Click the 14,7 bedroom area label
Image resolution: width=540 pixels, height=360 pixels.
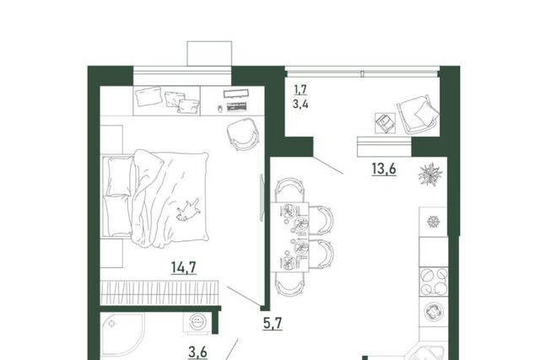184,267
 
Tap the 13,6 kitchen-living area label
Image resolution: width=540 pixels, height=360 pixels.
384,169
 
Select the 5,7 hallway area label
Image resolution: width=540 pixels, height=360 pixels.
273,324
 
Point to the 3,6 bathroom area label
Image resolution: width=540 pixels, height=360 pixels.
197,352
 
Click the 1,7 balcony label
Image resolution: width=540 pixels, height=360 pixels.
300,90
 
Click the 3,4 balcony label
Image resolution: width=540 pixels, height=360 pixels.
300,104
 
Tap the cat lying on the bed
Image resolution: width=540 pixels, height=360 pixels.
188,210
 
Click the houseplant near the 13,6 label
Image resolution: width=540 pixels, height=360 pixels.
430,175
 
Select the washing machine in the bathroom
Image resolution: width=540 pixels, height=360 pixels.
197,323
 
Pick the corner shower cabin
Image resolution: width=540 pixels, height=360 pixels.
122,335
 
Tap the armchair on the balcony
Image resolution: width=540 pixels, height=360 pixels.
418,115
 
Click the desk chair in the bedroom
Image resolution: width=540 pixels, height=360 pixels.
243,134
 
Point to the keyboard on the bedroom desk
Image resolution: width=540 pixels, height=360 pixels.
236,107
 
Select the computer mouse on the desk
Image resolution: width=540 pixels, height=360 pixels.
220,109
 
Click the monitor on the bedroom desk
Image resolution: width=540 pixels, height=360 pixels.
236,94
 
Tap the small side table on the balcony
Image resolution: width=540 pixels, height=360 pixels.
385,123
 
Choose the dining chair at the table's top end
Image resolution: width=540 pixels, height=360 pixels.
289,190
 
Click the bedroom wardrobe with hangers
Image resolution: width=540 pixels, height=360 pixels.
159,293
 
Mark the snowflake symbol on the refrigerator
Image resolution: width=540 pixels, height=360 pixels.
433,221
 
